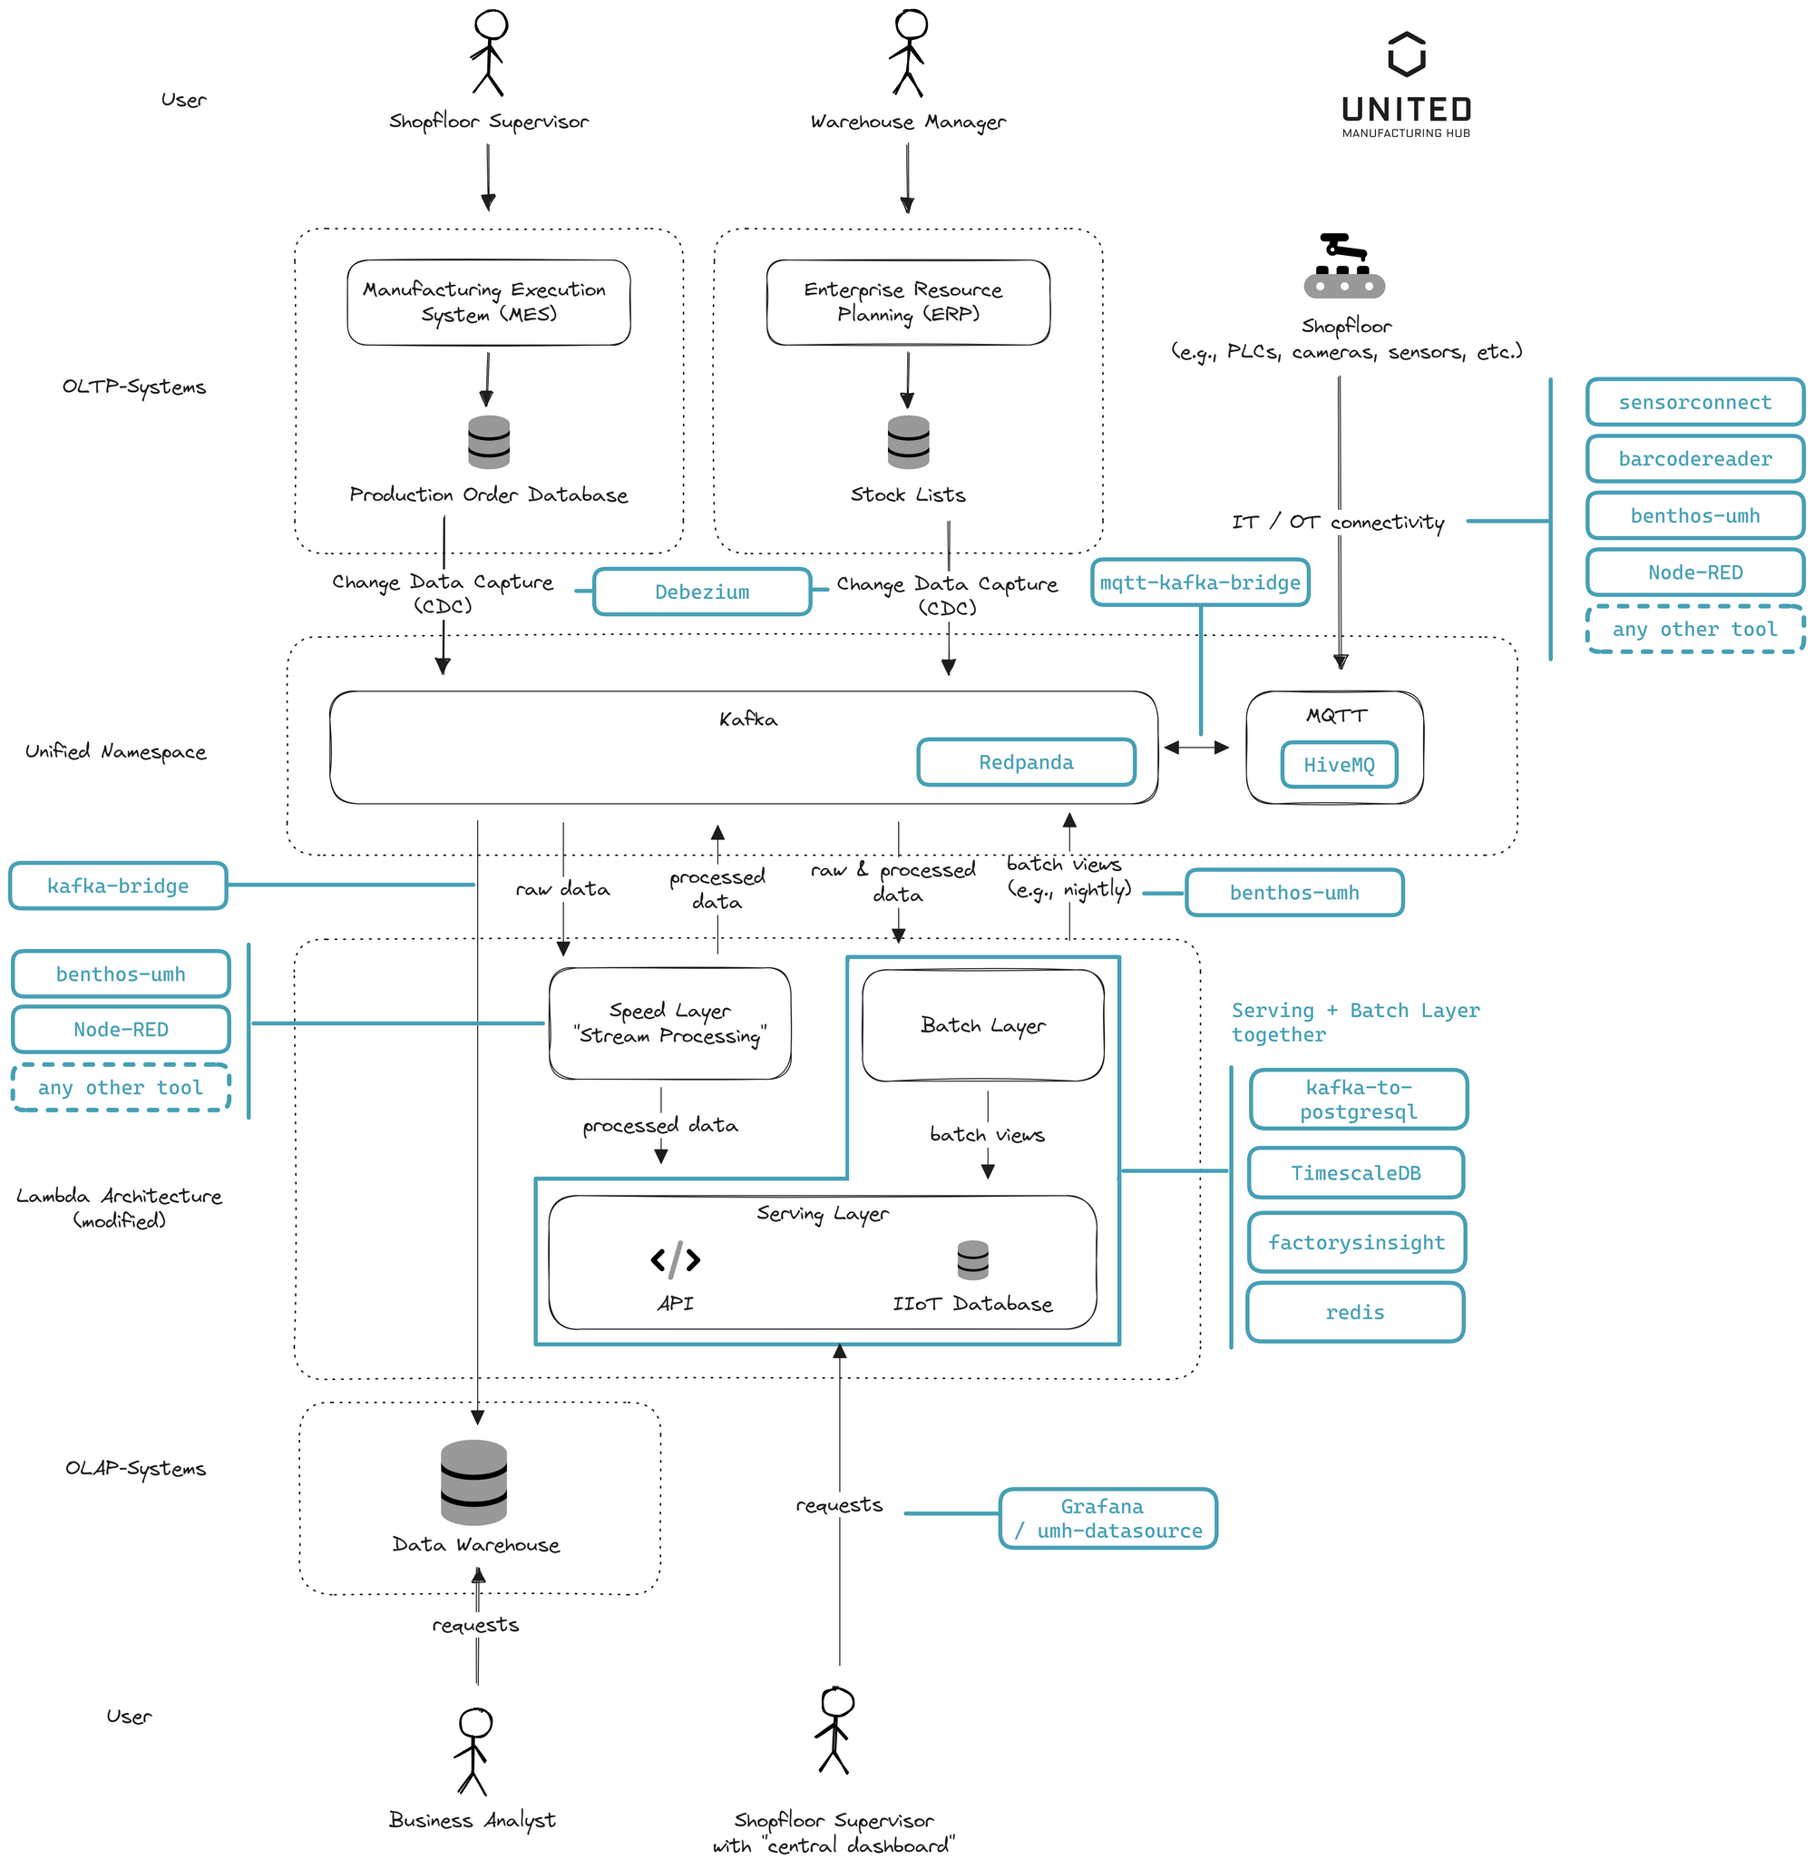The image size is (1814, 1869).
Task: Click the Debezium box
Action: (x=702, y=592)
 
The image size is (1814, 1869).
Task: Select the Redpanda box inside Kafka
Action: (x=1026, y=763)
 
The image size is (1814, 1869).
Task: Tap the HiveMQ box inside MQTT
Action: (x=1339, y=765)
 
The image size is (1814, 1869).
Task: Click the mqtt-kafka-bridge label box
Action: (x=1199, y=582)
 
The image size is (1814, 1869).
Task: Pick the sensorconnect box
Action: (x=1694, y=403)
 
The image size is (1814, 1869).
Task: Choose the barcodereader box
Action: (x=1694, y=459)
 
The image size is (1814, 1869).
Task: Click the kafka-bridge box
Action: (x=118, y=886)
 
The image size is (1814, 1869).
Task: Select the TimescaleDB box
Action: (x=1355, y=1173)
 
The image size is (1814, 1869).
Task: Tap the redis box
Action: (x=1354, y=1312)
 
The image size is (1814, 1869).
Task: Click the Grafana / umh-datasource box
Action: (x=1107, y=1518)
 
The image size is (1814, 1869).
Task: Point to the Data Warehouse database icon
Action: (x=473, y=1482)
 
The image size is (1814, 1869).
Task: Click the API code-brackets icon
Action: (x=675, y=1259)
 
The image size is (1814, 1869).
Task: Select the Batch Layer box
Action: (x=982, y=1025)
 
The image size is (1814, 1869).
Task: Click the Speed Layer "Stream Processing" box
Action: (x=669, y=1023)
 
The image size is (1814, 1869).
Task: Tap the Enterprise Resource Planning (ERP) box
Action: (x=908, y=302)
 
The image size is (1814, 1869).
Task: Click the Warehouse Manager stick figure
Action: (x=909, y=53)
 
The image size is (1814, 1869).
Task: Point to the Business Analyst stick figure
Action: (x=473, y=1751)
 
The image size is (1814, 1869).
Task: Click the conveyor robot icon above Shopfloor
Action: (x=1344, y=266)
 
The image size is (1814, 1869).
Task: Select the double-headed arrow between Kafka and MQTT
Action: (x=1196, y=748)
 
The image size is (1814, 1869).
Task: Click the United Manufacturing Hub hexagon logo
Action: (x=1406, y=54)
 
